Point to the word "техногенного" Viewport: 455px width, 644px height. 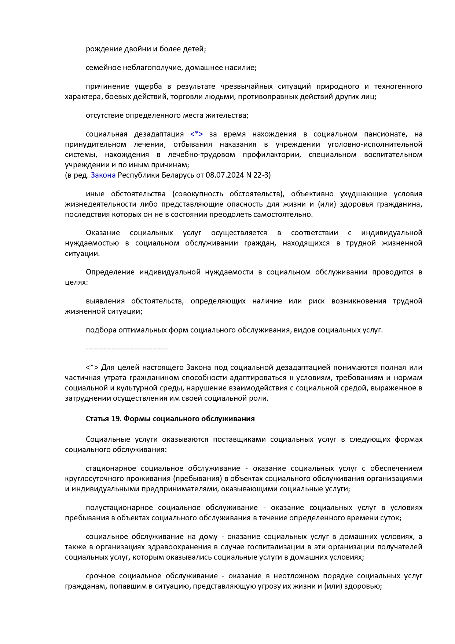coord(398,87)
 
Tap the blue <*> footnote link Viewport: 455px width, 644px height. coord(197,134)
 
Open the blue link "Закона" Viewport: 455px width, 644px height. coord(103,175)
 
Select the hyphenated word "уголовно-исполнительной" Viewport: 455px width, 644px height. coord(375,145)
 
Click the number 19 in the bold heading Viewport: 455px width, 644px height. coord(115,419)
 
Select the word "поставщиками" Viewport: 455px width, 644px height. coord(239,440)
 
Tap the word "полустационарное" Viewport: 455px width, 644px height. coord(119,508)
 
